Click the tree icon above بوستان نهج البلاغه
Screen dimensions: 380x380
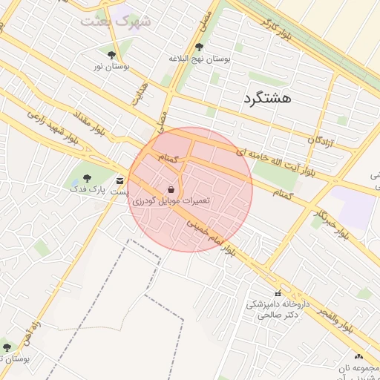[199, 47]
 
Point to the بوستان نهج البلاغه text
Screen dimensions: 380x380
[200, 58]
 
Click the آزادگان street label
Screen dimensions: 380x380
[322, 139]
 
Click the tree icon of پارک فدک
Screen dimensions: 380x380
[88, 178]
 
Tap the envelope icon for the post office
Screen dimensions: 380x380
[120, 180]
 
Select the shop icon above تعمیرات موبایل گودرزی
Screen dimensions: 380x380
[171, 189]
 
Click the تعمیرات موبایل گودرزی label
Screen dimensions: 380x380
[171, 201]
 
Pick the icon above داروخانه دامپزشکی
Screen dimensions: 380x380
[278, 293]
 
